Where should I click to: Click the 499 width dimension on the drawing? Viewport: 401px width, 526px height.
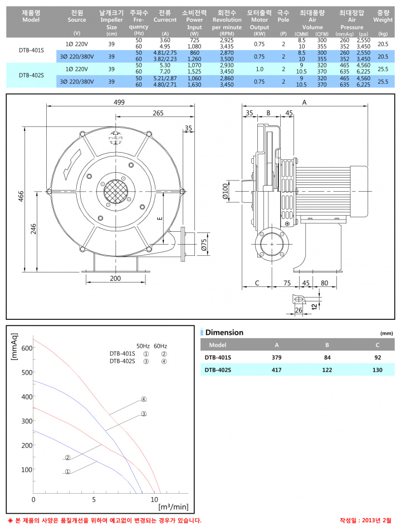(x=119, y=102)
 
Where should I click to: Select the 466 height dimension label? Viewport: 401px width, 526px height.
(x=21, y=196)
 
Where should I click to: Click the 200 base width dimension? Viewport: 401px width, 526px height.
(x=115, y=278)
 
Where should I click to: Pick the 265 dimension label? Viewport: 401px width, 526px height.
(x=158, y=113)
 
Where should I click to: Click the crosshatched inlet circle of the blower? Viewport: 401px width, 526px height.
(x=115, y=192)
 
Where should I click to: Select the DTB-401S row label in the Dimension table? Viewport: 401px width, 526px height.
(x=218, y=358)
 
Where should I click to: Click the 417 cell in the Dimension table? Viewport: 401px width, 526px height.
(x=277, y=370)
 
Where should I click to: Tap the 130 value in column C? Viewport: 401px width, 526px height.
(x=378, y=370)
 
